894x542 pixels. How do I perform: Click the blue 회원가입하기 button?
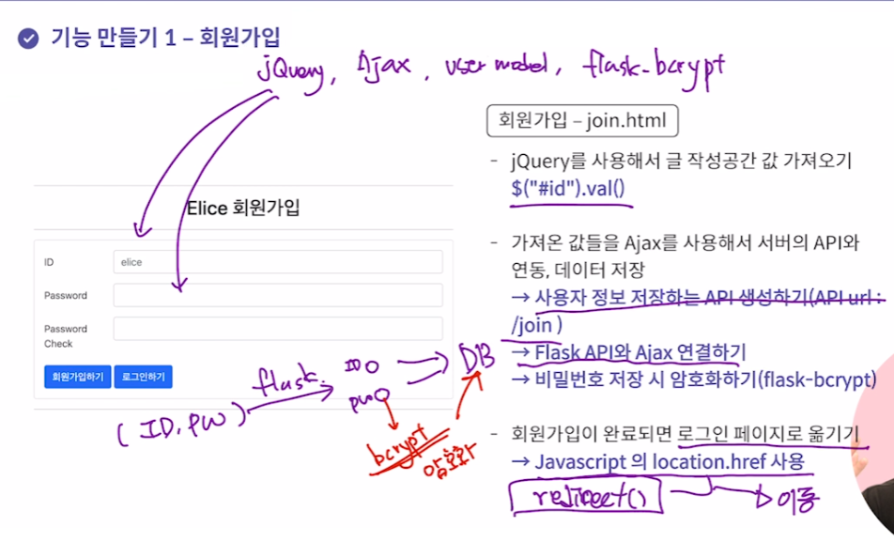click(78, 377)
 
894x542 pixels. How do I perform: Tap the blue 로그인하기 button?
click(144, 377)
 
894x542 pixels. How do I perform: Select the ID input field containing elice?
click(277, 262)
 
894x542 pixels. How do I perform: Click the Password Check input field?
click(277, 329)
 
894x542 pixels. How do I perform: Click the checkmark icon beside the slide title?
click(28, 38)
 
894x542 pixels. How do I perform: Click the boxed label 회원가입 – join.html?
click(582, 121)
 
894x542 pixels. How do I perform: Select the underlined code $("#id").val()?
click(567, 187)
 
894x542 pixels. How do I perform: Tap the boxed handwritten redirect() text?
click(585, 494)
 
